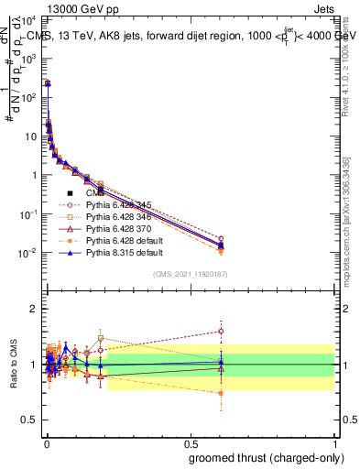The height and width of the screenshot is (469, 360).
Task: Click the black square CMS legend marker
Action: (70, 193)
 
